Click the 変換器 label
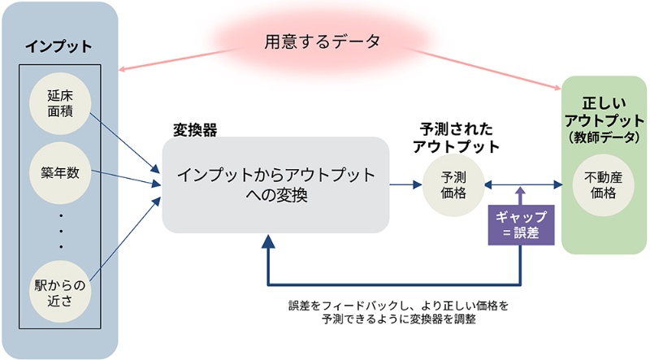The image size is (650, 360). click(x=195, y=129)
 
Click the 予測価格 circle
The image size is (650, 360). click(x=452, y=184)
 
